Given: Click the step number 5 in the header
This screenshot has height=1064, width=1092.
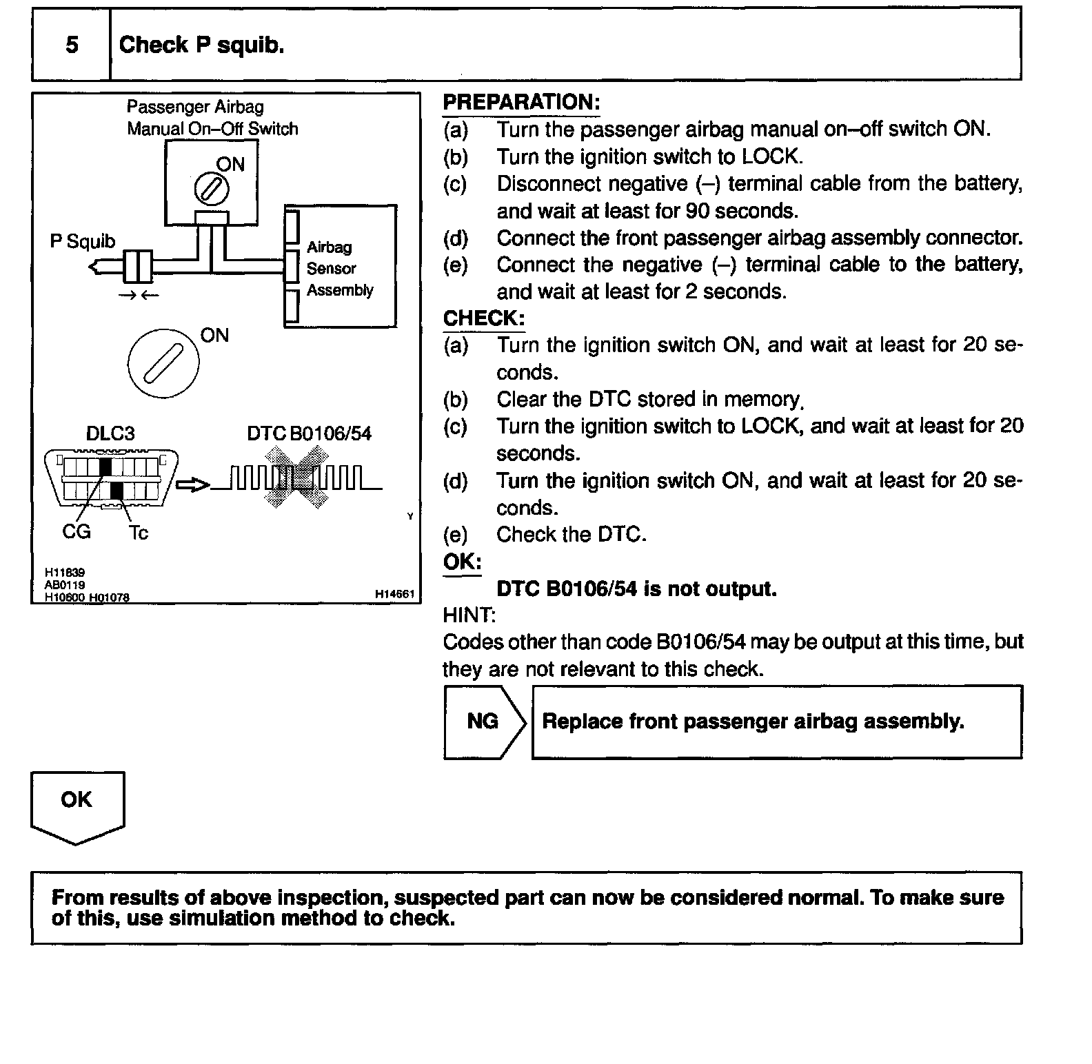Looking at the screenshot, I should (x=72, y=45).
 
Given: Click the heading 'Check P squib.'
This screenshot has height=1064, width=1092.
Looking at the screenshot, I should (x=201, y=45).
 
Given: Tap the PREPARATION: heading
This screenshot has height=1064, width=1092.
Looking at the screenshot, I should (x=521, y=103).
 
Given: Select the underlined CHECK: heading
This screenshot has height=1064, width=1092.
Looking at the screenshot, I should (x=484, y=318).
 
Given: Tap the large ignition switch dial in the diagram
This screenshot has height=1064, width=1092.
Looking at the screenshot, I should (x=163, y=361).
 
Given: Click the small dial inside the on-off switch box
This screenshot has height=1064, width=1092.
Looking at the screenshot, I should (x=212, y=187).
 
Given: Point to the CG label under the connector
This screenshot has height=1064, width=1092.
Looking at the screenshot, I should (x=76, y=532).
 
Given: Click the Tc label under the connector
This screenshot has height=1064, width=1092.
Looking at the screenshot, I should (x=138, y=533).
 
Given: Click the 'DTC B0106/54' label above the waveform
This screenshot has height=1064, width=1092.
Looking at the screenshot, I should (x=309, y=433).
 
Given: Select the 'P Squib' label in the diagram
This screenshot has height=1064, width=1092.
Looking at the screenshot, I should (x=83, y=242).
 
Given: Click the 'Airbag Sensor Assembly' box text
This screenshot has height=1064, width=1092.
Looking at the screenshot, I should (x=339, y=268).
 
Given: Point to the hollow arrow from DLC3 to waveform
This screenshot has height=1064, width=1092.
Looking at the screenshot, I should (x=193, y=485).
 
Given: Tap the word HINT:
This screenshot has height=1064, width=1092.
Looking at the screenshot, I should (x=469, y=615).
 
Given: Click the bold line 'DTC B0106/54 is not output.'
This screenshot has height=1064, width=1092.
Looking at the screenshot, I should (x=636, y=589).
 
